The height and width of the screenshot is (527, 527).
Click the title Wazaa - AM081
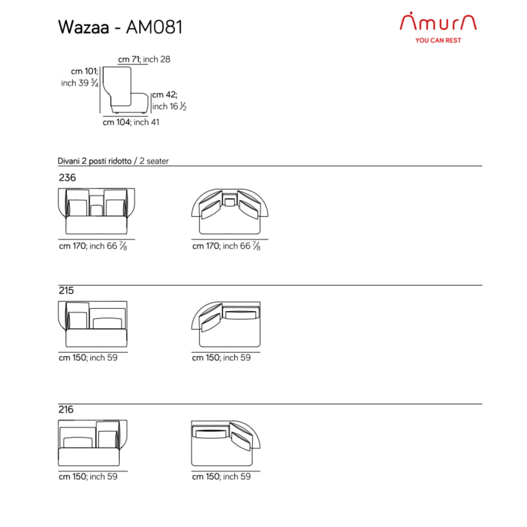tap(120, 27)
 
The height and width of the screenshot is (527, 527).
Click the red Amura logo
tap(438, 21)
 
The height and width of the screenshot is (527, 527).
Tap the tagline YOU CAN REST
tap(438, 40)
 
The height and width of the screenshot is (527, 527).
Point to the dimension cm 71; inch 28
tap(144, 59)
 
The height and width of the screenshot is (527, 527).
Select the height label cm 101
tap(84, 71)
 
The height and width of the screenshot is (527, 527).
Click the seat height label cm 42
tap(164, 95)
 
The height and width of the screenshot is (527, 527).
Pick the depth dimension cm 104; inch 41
tap(131, 122)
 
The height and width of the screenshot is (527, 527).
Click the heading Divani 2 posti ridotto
tap(94, 161)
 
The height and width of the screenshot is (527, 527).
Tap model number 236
tap(67, 177)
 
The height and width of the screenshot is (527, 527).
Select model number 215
tap(66, 290)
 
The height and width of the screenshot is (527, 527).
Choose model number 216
tap(66, 409)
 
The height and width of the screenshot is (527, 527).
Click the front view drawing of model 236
tap(96, 211)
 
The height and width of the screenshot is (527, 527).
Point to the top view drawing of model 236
tap(230, 211)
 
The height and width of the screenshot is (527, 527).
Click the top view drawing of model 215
tap(226, 324)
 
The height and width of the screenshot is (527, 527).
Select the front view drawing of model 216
tap(93, 443)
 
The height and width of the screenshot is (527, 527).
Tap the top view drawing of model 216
tap(226, 443)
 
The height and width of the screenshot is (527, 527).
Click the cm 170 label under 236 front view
tap(93, 246)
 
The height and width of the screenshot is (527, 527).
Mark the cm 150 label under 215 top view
tap(221, 357)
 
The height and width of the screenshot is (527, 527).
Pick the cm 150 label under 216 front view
tap(88, 477)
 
